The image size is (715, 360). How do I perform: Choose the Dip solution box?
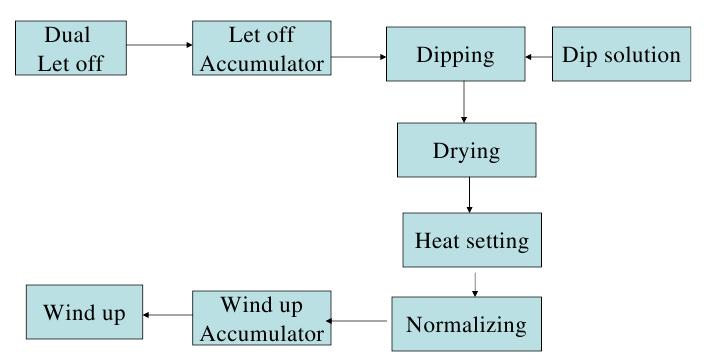pos(621,55)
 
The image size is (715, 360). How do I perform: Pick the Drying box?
pos(465,152)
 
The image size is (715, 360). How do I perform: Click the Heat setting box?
pos(472,241)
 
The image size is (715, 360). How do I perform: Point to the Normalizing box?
pos(465,324)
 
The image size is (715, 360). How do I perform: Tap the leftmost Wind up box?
pos(84,313)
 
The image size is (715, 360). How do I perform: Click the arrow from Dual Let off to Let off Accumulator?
pos(160,44)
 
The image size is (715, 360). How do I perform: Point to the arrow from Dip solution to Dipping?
pos(539,57)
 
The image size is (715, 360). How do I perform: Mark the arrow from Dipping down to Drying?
pos(465,104)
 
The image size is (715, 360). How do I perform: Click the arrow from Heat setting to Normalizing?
pos(475,283)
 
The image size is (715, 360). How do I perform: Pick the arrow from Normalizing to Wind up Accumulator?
pos(359,321)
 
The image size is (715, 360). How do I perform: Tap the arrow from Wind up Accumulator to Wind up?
pos(167,314)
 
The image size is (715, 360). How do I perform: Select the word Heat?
pos(439,241)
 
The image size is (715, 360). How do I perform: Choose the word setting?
pos(495,242)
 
